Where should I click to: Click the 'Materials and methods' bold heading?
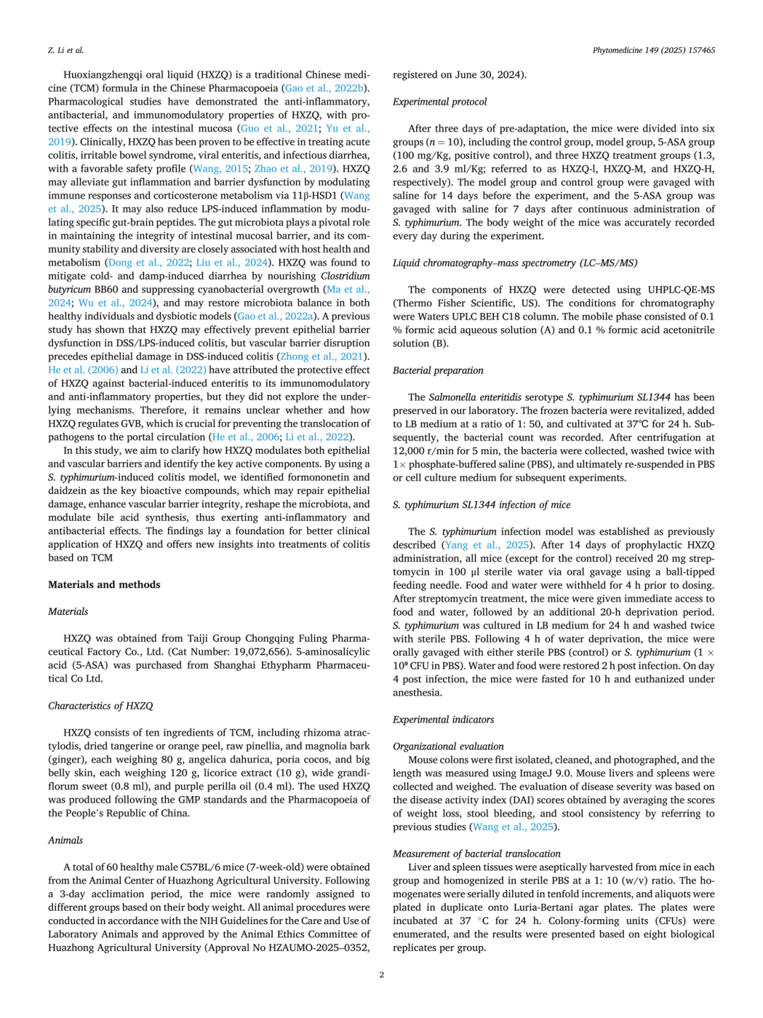tap(104, 585)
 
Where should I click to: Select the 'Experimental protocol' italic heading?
tap(439, 102)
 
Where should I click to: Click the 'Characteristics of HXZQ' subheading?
tap(100, 706)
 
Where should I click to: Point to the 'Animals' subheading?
tap(66, 840)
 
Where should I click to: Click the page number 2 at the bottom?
tap(381, 975)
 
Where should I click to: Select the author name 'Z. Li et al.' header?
tap(66, 50)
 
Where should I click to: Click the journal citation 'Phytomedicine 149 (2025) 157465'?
tap(653, 50)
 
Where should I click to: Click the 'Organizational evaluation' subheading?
tap(448, 747)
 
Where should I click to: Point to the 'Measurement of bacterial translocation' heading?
tap(476, 854)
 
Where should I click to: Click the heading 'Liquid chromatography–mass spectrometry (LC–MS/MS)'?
tap(514, 263)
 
